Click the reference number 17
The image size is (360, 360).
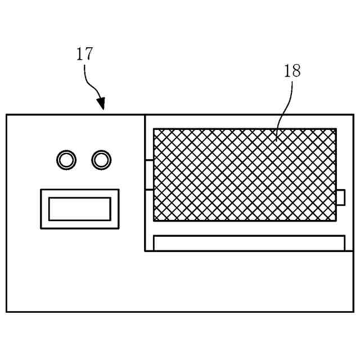coord(84,54)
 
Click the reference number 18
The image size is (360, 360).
coord(292,71)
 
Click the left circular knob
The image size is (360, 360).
coord(66,160)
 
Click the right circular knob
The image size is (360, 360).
coord(101,160)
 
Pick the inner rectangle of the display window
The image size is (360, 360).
coord(79,209)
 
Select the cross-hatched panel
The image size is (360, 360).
coord(245,174)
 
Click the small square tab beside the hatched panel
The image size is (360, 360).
coord(340,197)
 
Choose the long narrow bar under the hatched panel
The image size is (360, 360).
coord(249,243)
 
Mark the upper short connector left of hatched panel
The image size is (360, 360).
coord(149,160)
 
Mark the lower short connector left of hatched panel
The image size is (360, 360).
coord(149,190)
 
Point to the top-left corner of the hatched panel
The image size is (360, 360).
coord(154,129)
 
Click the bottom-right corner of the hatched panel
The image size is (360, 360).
coord(336,220)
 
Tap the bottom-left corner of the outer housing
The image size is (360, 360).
coord(7,311)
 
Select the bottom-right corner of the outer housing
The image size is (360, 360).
coord(354,311)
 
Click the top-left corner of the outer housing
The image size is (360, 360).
coord(7,115)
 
